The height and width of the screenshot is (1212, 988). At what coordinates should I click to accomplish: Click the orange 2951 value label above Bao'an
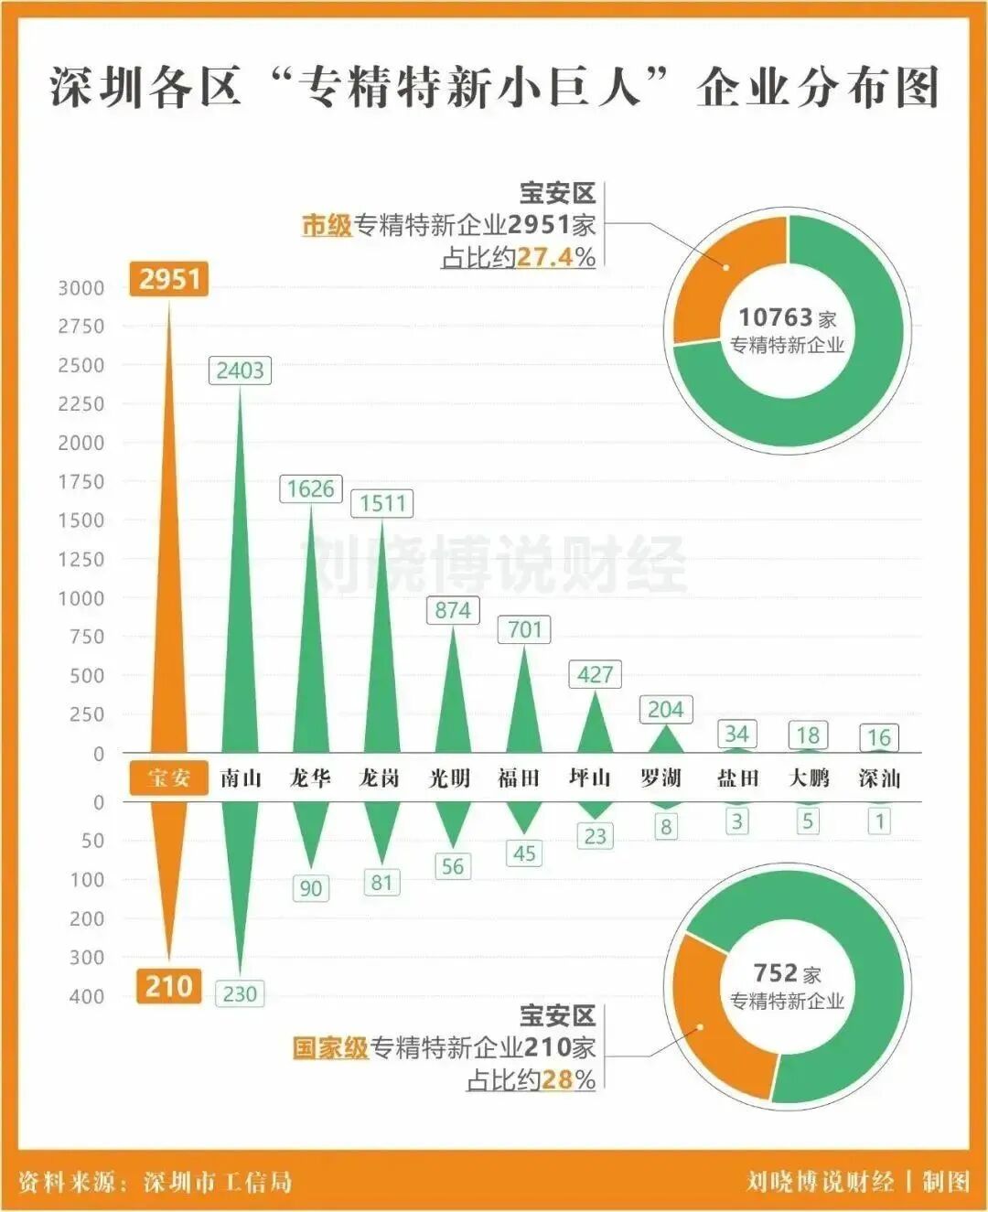pyautogui.click(x=169, y=278)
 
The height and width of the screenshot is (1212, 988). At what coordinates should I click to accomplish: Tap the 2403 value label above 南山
pyautogui.click(x=240, y=370)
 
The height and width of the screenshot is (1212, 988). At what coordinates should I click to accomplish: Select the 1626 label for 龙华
pyautogui.click(x=310, y=488)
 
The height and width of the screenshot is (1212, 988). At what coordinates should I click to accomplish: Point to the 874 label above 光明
pyautogui.click(x=453, y=610)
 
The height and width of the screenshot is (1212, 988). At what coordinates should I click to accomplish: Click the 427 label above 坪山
pyautogui.click(x=595, y=675)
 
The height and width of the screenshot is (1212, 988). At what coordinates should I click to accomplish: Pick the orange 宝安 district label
pyautogui.click(x=169, y=778)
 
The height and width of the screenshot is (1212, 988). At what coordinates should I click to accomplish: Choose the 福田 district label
pyautogui.click(x=519, y=778)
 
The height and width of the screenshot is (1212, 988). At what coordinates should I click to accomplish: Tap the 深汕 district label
pyautogui.click(x=879, y=778)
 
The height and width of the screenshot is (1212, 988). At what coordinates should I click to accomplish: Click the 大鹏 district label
pyautogui.click(x=809, y=778)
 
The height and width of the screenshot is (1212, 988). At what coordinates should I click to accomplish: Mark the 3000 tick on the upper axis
pyautogui.click(x=81, y=288)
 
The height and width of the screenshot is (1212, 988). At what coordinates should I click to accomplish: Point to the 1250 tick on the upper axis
pyautogui.click(x=81, y=559)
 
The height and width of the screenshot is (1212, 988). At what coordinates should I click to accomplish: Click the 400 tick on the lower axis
pyautogui.click(x=87, y=996)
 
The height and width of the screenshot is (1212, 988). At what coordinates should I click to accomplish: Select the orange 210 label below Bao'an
pyautogui.click(x=169, y=986)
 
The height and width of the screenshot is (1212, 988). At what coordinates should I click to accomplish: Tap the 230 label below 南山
pyautogui.click(x=240, y=994)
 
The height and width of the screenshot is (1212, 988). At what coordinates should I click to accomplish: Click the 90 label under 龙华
pyautogui.click(x=311, y=888)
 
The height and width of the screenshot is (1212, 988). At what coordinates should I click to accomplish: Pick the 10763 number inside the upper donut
pyautogui.click(x=775, y=317)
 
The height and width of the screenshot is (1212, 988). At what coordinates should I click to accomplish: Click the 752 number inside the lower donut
pyautogui.click(x=775, y=973)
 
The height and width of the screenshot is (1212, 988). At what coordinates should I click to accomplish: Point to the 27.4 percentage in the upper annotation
pyautogui.click(x=544, y=257)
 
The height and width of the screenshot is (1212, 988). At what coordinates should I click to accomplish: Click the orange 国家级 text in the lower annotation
pyautogui.click(x=330, y=1047)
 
